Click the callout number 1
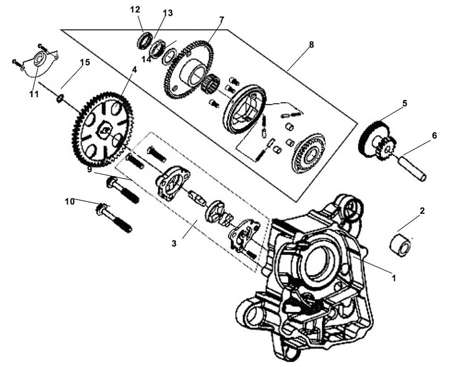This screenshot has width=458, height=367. coord(394,277)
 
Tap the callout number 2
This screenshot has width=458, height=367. coord(422,211)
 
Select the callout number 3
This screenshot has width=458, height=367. coord(174,243)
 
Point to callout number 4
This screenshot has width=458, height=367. coord(134,70)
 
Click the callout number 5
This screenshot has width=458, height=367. coord(404,104)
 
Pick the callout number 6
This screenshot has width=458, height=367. coord(434,135)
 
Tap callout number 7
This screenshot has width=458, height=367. coord(221,20)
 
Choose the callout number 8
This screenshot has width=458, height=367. coord(311,44)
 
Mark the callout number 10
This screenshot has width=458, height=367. coord(70,202)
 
